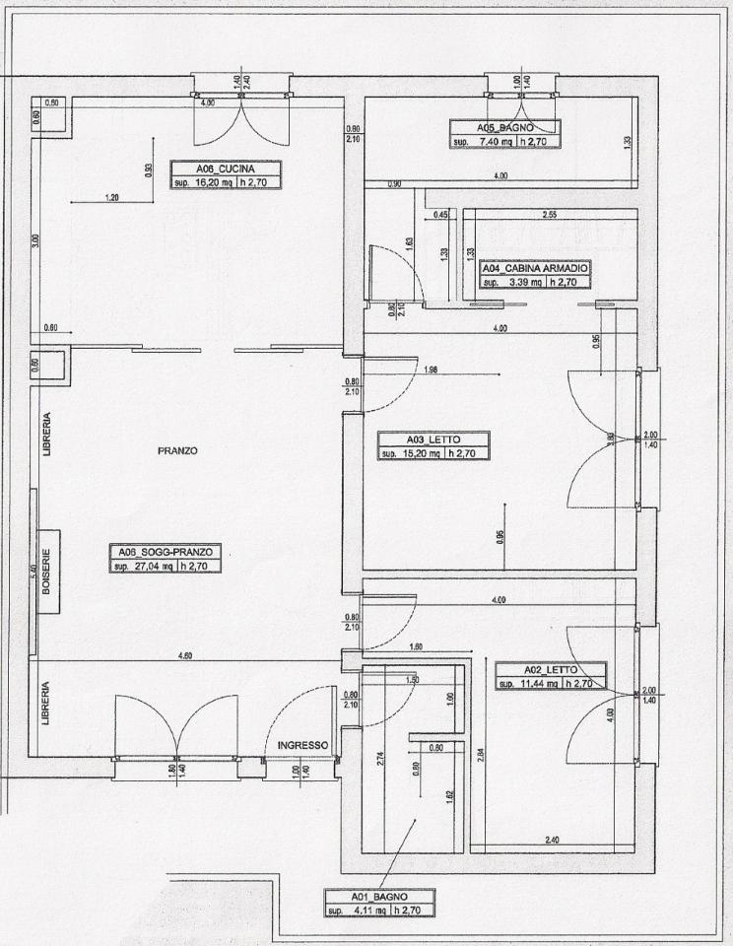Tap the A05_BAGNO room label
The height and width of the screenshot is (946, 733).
(x=504, y=127)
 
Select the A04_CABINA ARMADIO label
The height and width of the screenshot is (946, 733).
(x=535, y=267)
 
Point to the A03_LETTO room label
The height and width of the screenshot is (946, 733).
(x=433, y=439)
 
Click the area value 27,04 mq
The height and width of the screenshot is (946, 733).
(x=143, y=567)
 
